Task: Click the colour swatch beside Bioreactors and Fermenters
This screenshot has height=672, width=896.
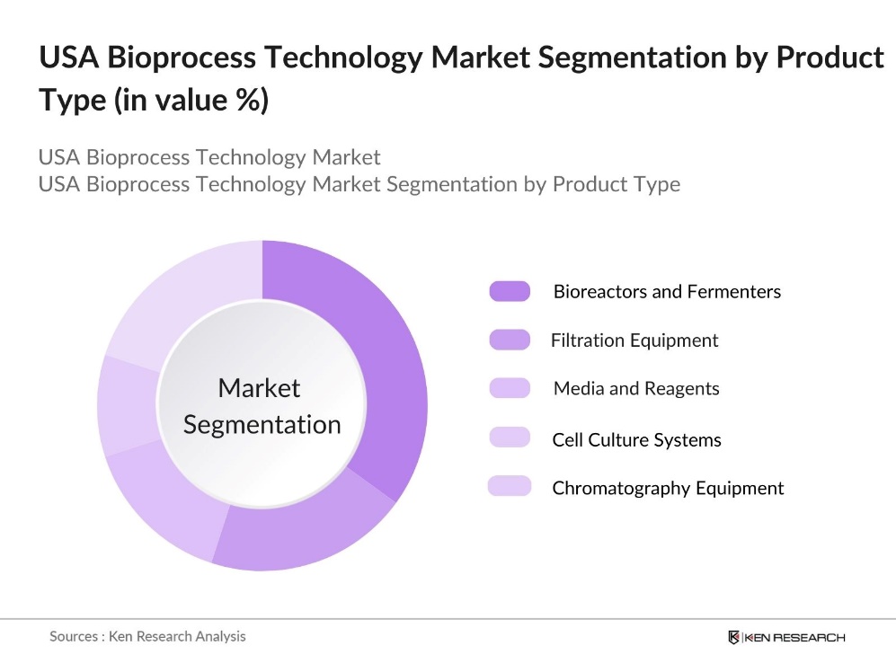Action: [510, 291]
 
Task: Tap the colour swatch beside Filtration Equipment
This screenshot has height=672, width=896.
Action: [510, 340]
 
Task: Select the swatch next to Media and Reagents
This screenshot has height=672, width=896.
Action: [510, 388]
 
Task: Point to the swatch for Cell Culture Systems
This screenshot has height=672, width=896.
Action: [510, 438]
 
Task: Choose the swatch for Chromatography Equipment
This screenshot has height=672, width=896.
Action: [510, 487]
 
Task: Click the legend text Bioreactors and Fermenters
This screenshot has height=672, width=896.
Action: [667, 292]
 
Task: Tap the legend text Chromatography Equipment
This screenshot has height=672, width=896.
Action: [668, 488]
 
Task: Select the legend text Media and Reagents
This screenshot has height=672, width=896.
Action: [636, 389]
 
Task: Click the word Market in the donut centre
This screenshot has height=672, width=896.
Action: [259, 388]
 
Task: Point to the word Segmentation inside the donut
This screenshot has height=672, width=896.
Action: [262, 424]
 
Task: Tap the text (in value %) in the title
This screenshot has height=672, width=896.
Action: [191, 100]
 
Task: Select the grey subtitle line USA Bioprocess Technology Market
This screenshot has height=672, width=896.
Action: [209, 157]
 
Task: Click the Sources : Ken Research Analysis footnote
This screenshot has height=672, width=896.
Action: [147, 636]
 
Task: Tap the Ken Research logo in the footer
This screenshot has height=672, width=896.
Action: [786, 637]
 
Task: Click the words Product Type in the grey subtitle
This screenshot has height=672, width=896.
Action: [616, 184]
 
